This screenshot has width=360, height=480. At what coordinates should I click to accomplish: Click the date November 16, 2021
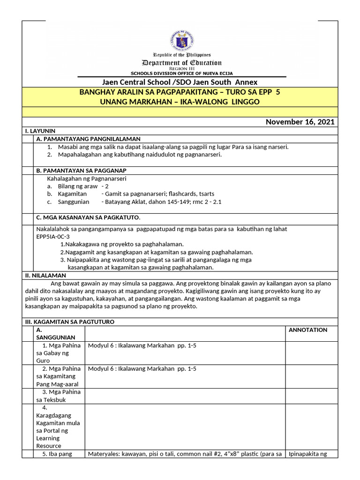300,122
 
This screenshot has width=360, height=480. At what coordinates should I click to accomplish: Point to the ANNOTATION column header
307,330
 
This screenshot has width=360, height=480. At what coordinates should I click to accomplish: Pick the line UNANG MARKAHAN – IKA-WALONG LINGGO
180,102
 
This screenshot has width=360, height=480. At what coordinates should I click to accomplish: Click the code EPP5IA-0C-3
52,237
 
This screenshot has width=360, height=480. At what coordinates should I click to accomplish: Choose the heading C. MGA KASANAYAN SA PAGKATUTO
89,217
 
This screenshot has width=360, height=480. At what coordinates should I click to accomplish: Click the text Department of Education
182,63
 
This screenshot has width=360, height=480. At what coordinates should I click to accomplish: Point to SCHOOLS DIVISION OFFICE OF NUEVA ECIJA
181,74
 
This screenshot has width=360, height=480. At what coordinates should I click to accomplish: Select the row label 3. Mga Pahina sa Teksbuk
58,396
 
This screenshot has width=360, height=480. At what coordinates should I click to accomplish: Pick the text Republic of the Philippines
182,55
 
